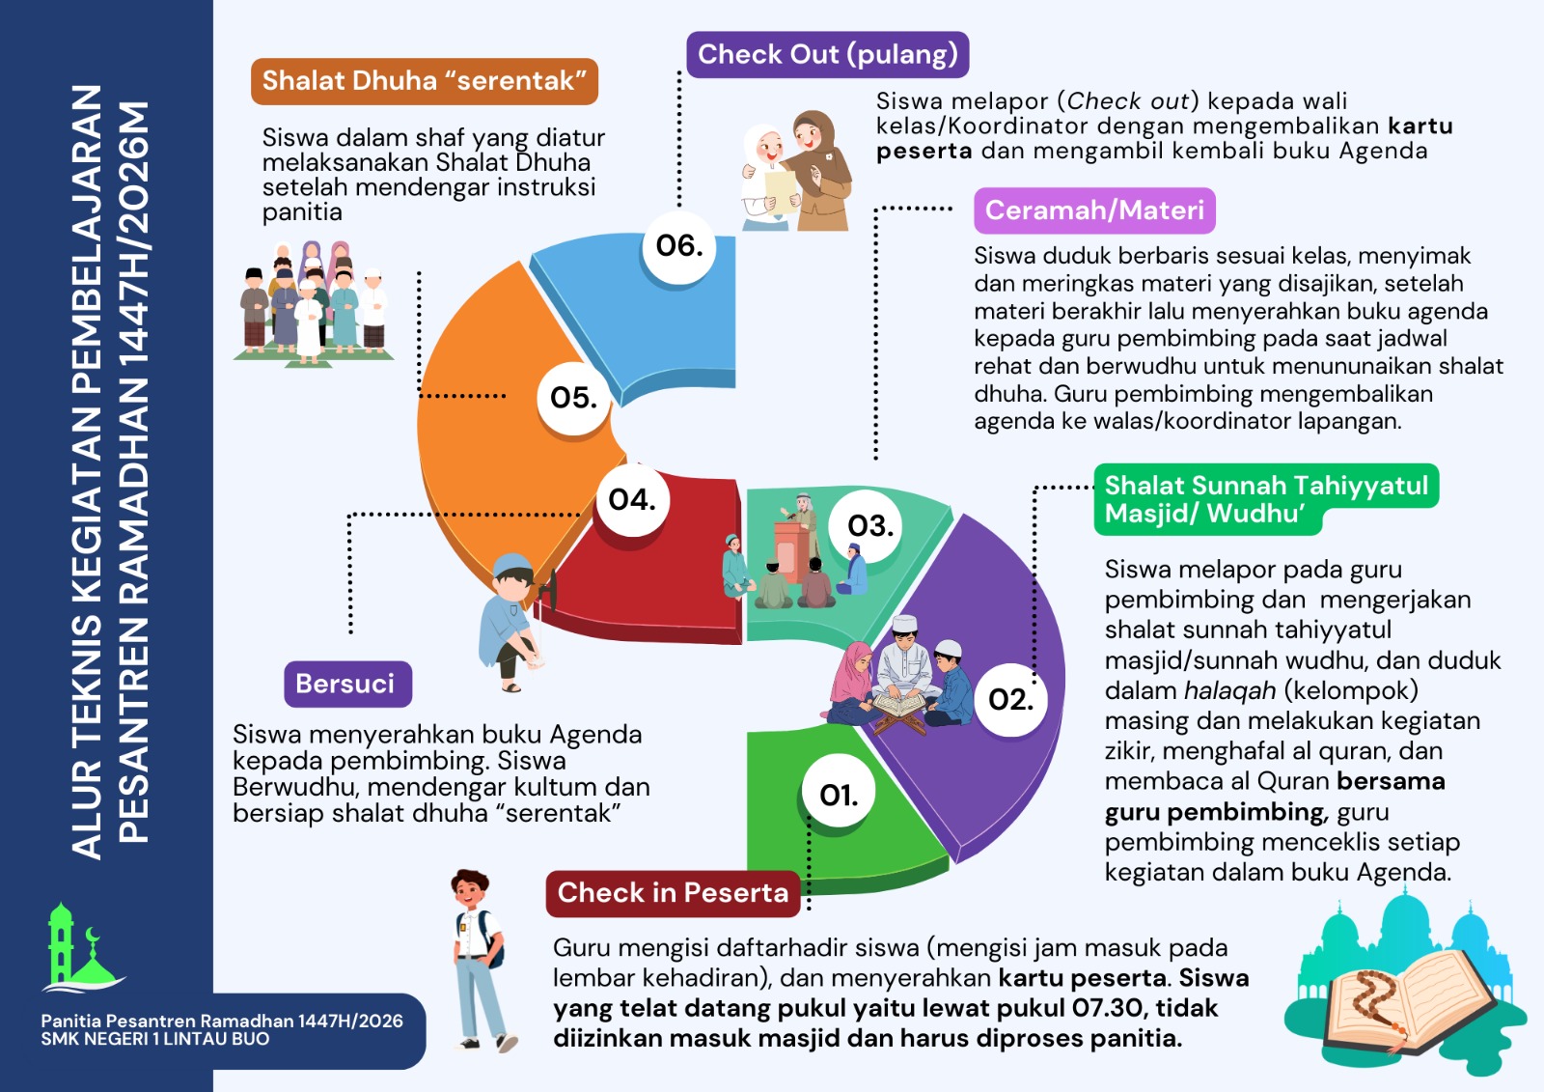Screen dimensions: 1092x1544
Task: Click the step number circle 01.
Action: click(x=839, y=794)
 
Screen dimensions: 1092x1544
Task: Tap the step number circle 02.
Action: click(x=1010, y=699)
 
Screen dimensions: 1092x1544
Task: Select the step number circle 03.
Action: click(x=869, y=525)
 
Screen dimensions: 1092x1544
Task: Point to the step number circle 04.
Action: click(x=632, y=499)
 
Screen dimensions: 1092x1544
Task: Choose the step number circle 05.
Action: click(x=573, y=397)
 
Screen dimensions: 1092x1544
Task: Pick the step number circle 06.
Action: click(x=679, y=245)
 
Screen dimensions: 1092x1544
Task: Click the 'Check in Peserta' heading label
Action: click(x=673, y=893)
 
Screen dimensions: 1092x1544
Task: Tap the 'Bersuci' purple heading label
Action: click(x=345, y=684)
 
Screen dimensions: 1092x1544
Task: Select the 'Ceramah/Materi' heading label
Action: click(x=1094, y=210)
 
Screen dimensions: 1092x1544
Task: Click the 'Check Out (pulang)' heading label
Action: click(x=827, y=54)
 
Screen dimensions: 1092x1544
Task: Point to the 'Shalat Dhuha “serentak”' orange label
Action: click(x=425, y=81)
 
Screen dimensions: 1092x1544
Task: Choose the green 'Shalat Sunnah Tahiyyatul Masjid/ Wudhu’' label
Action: click(x=1265, y=498)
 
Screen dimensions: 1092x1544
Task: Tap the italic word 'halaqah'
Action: click(x=1230, y=690)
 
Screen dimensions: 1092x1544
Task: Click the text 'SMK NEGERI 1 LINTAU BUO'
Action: click(x=155, y=1040)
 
